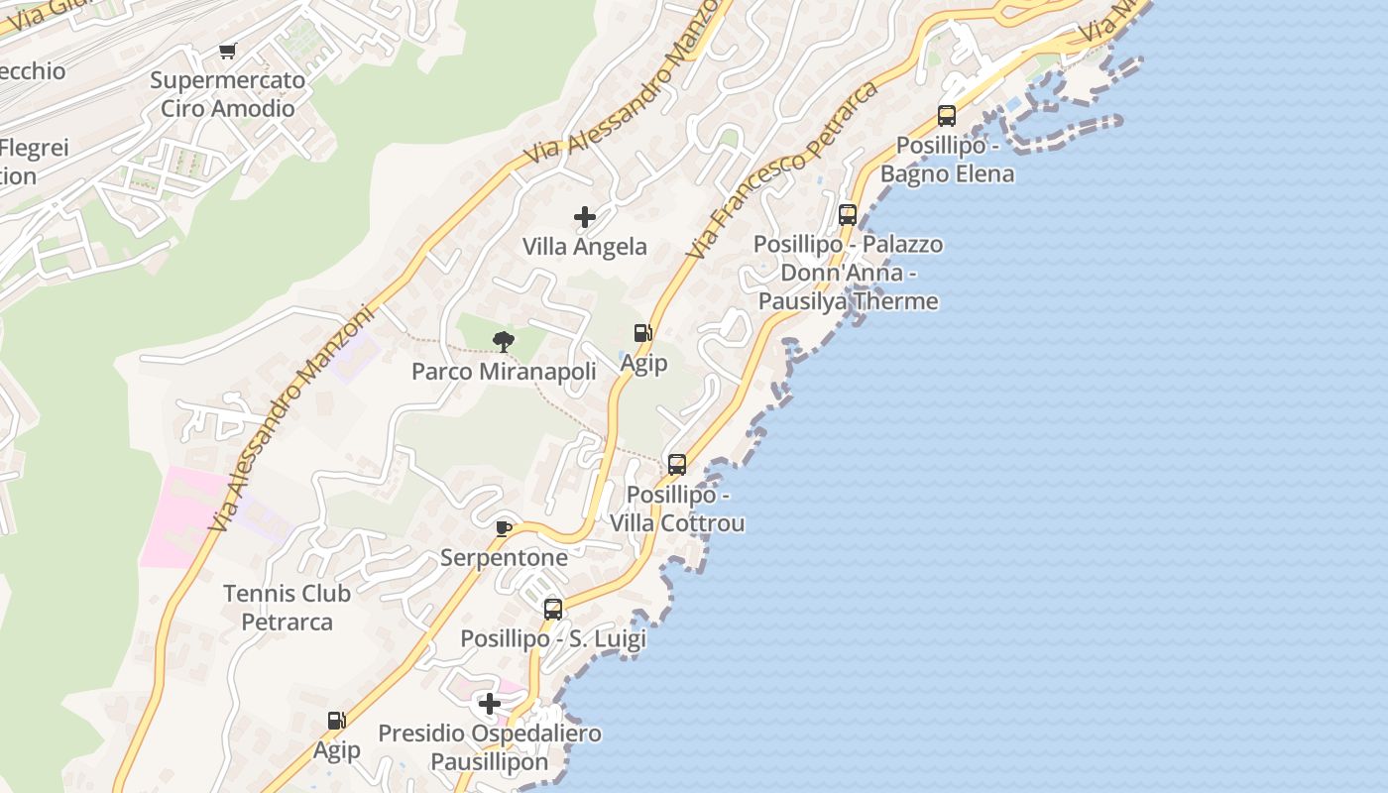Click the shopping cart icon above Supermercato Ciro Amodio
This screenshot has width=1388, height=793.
click(228, 51)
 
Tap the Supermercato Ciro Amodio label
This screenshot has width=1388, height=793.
click(228, 94)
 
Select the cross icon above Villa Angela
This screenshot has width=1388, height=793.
click(585, 217)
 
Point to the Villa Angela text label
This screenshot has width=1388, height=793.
click(585, 247)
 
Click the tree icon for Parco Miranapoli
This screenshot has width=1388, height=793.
click(504, 343)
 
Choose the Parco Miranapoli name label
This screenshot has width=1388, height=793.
click(504, 372)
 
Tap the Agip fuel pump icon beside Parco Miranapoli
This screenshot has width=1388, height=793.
click(643, 334)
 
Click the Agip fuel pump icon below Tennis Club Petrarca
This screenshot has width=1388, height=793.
click(337, 721)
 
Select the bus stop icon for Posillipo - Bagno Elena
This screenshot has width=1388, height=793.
click(947, 116)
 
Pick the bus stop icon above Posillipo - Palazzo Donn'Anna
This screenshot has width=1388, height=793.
click(848, 215)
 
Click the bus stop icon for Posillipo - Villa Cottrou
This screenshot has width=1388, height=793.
click(677, 465)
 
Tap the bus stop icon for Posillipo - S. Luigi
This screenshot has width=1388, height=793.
click(553, 610)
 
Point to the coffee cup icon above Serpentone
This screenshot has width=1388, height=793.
click(504, 528)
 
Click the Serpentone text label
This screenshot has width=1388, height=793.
click(504, 557)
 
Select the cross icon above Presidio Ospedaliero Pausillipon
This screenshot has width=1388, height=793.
click(490, 705)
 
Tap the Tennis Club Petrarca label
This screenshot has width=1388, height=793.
click(287, 608)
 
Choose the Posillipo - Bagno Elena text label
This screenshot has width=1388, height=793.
click(947, 160)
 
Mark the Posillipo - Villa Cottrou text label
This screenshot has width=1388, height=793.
click(677, 509)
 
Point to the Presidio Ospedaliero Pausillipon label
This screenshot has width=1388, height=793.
click(490, 748)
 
